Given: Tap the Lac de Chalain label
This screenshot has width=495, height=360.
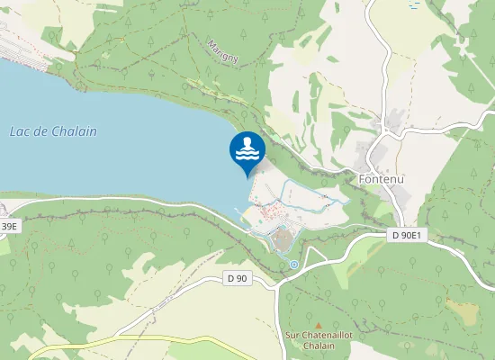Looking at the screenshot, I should click(x=53, y=131).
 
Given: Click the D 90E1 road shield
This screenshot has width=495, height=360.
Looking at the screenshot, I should click(x=407, y=235).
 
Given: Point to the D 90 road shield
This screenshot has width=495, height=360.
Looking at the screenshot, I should click(x=238, y=279).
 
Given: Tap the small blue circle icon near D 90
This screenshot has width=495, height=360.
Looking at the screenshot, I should click(x=294, y=264).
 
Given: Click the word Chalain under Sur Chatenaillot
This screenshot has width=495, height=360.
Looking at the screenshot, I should click(x=318, y=346).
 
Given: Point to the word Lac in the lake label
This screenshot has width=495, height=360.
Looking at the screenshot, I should click(x=18, y=131).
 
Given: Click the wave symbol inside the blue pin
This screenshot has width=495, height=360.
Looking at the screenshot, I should click(x=247, y=156).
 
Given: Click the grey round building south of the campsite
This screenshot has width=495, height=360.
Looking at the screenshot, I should click(x=282, y=239).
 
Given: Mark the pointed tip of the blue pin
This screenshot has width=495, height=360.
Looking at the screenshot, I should click(x=247, y=176).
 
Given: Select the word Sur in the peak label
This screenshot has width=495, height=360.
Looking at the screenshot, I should click(x=291, y=336).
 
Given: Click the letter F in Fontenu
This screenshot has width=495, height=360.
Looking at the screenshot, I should click(x=362, y=177).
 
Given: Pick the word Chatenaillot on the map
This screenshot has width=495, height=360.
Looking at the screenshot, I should click(x=325, y=336).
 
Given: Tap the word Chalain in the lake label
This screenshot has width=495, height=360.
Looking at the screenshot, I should click(x=74, y=131).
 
